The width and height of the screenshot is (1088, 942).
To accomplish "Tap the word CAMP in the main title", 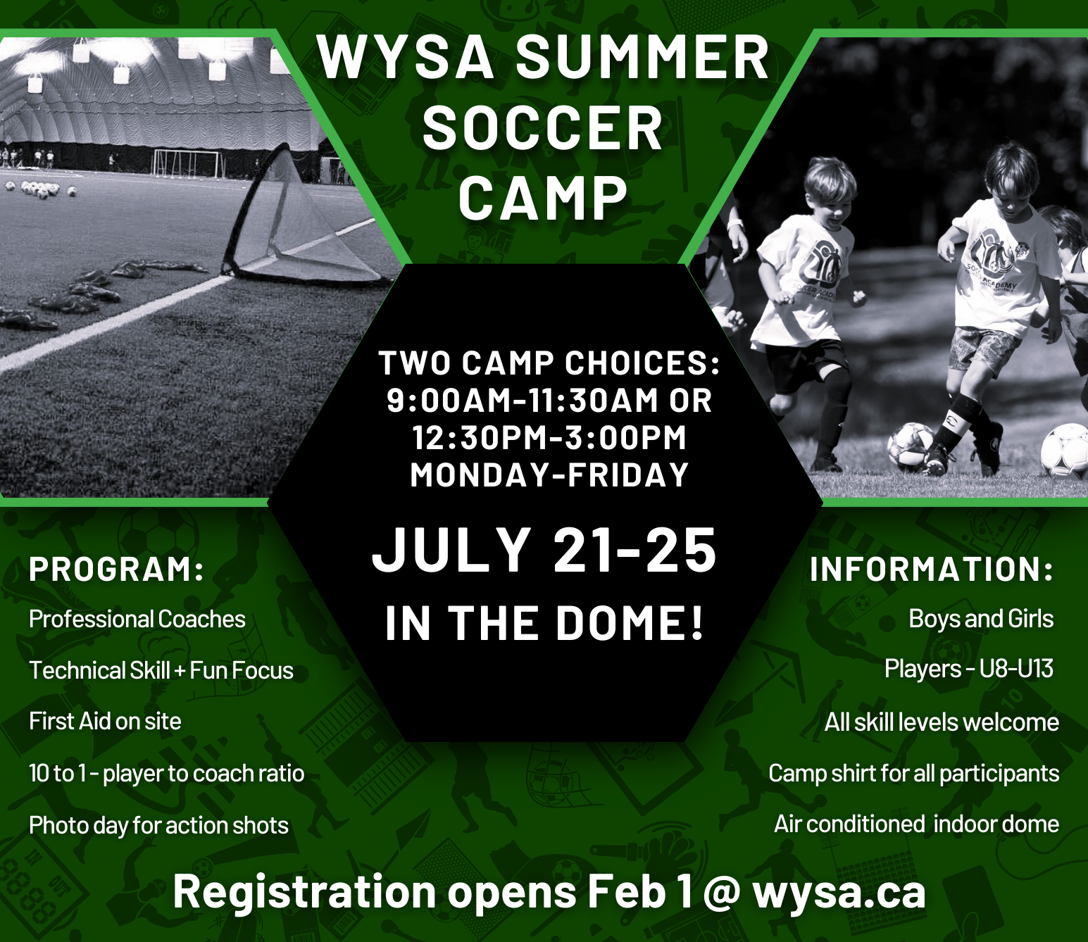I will pos(542,199).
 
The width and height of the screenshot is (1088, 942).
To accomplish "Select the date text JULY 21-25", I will pos(544,551).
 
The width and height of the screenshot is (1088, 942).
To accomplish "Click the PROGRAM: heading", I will pos(117,570).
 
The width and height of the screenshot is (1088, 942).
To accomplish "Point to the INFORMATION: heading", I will pos(931,570).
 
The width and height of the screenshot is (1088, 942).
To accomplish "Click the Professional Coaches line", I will pos(137,620).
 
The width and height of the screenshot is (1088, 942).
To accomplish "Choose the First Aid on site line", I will pos(105,722).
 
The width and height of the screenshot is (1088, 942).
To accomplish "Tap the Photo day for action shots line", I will pos(159,825).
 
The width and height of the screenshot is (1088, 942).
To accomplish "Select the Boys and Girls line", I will pos(981,619).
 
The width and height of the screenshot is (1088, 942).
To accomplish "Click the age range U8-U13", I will pos(1016,669).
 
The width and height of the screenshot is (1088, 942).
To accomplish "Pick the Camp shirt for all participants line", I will pos(913,774).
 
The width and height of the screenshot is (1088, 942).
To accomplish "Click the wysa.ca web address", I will pos(839,892).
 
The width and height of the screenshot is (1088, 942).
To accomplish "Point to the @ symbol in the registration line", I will pos(721,893).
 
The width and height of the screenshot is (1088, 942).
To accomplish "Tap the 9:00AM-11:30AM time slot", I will pos(520,401).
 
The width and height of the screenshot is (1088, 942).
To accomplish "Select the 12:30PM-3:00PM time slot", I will pos(549,438).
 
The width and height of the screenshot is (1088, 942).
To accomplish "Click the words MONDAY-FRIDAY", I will pos(549,475).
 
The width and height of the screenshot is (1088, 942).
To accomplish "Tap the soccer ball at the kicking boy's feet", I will pos(910,445).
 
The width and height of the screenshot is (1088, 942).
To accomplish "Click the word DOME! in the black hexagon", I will pos(630,624).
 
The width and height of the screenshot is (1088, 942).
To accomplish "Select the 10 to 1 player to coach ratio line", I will pos(167,774).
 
